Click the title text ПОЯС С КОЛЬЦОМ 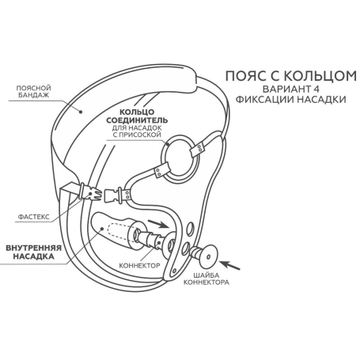[291, 76]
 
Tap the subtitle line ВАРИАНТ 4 [291, 89]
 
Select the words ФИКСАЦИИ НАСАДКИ [290, 100]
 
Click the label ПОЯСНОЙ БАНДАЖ [33, 92]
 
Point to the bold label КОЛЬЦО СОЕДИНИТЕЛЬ [137, 116]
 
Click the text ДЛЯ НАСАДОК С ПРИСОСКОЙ [137, 131]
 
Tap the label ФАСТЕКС [33, 217]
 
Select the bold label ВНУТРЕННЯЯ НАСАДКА [33, 252]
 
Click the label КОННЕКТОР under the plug [139, 265]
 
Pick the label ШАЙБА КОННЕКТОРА [207, 279]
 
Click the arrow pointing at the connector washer [229, 265]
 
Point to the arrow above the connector [157, 223]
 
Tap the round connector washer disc [208, 256]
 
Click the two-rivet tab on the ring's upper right [196, 150]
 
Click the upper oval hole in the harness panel [190, 229]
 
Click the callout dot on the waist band [81, 112]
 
